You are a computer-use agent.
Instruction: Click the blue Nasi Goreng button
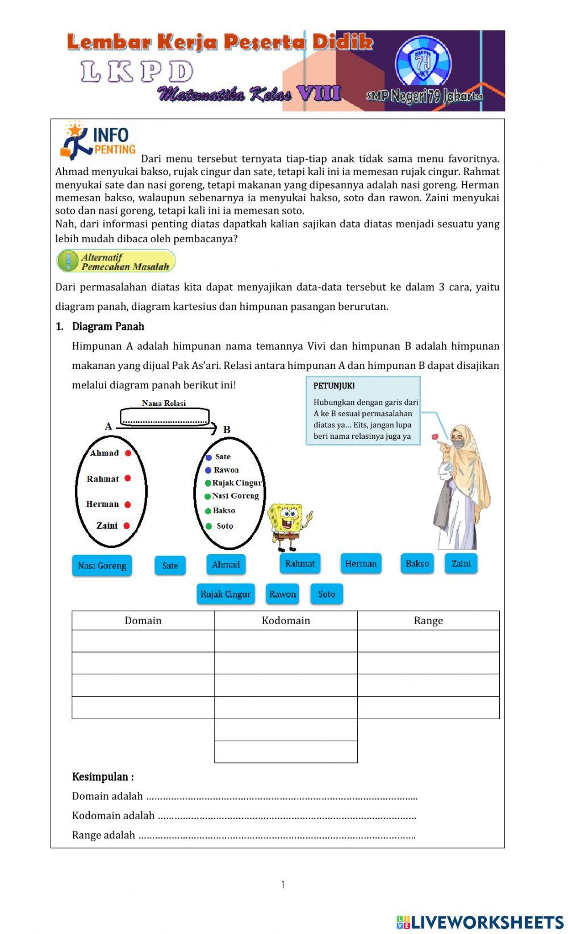tap(102, 566)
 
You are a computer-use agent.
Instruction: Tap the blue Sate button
tap(170, 566)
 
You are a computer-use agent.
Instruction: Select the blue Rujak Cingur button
tap(225, 594)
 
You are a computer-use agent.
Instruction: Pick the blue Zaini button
tap(461, 563)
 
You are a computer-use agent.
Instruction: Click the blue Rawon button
tap(282, 594)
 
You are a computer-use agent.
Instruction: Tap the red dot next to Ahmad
tap(128, 453)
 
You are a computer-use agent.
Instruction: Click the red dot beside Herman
tap(128, 505)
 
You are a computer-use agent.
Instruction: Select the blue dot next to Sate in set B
tap(208, 457)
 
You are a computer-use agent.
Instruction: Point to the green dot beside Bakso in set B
tap(208, 511)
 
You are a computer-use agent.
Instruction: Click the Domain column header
tap(143, 621)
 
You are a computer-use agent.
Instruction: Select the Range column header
tap(428, 621)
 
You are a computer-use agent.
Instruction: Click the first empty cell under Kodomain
tap(286, 641)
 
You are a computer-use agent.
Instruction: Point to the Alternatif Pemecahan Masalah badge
tap(116, 261)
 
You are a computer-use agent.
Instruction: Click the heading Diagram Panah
tap(108, 326)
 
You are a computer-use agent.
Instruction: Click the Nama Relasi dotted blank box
tap(165, 418)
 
